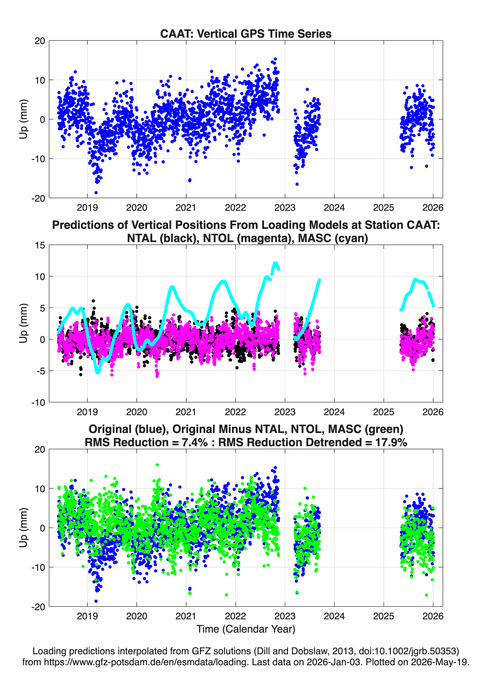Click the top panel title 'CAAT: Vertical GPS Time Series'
coord(246,34)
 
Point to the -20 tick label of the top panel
coord(38,198)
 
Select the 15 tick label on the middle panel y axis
coord(40,245)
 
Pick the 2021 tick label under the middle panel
coord(186,412)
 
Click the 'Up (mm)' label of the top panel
coord(24,119)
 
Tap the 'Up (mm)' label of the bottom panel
coord(24,528)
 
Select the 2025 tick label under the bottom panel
coord(383,616)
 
